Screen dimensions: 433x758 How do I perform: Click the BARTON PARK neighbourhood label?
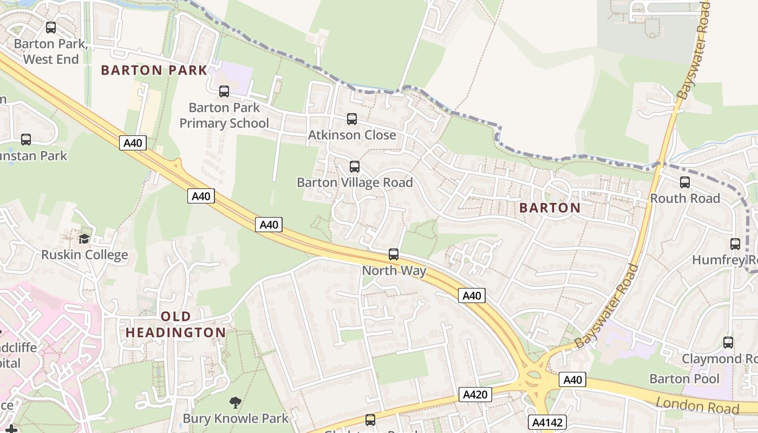(x=154, y=70)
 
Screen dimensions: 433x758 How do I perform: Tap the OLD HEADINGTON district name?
(x=176, y=324)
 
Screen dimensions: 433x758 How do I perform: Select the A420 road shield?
(x=475, y=395)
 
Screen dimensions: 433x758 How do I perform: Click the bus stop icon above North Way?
(x=394, y=254)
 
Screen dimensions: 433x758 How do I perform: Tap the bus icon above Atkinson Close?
(x=352, y=119)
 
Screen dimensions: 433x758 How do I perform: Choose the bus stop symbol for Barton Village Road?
(x=355, y=166)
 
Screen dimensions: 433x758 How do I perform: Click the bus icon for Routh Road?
(x=685, y=182)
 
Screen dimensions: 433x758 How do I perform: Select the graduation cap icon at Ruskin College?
(x=84, y=239)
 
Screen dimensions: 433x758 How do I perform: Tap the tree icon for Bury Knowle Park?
(x=235, y=402)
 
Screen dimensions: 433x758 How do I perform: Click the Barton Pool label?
(x=684, y=378)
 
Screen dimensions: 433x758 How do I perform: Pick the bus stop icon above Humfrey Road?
(x=735, y=244)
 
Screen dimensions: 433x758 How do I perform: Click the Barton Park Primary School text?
(x=224, y=115)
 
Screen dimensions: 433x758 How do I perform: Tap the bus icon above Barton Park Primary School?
(x=224, y=91)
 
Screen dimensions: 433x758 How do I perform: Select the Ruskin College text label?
(x=85, y=255)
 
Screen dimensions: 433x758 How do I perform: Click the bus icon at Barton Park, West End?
(x=51, y=27)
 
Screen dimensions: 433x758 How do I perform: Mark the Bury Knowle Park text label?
(x=236, y=418)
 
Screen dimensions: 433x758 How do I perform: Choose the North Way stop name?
(x=394, y=271)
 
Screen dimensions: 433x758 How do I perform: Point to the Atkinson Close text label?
(x=352, y=135)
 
